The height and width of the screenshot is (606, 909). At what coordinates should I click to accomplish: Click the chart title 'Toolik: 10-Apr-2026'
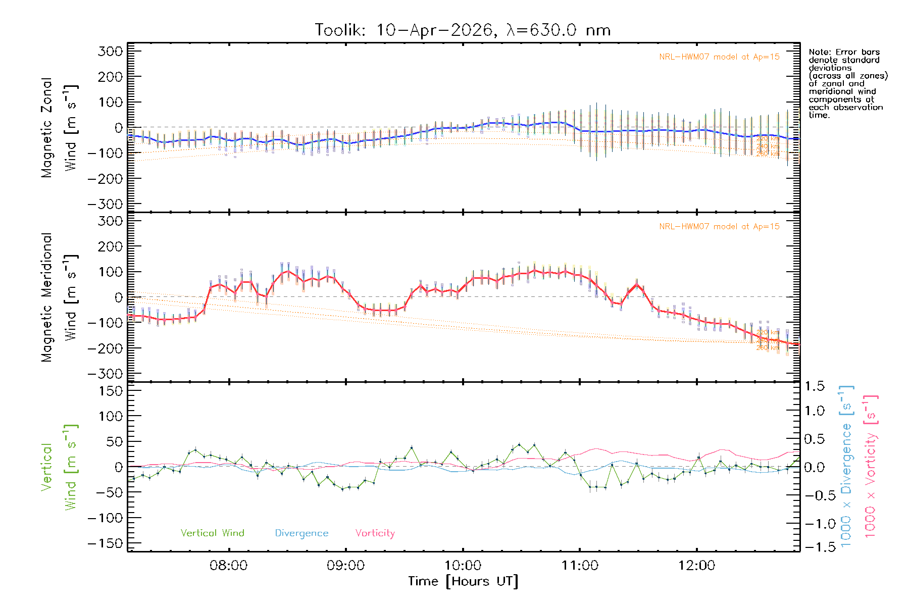click(x=404, y=30)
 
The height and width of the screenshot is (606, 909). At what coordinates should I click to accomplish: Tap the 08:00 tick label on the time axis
click(x=229, y=566)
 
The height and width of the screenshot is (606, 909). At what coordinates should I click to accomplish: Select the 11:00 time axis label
click(x=580, y=566)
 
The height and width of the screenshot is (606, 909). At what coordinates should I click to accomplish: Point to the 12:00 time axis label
click(x=696, y=566)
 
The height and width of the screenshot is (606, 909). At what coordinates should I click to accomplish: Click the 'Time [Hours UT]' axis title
click(x=463, y=581)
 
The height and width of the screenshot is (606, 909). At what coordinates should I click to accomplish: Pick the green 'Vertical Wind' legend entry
click(x=212, y=533)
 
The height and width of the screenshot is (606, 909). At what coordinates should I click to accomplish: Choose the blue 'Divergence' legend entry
click(x=301, y=533)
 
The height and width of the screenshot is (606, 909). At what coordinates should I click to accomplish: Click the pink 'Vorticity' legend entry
click(x=375, y=533)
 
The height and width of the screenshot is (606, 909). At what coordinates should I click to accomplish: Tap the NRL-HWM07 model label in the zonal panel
click(x=719, y=57)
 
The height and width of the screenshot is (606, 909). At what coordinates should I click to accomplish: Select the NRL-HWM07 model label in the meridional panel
click(x=719, y=227)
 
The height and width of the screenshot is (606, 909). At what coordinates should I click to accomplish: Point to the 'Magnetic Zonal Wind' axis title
click(x=60, y=127)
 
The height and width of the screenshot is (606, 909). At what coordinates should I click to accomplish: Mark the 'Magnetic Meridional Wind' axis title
click(x=60, y=297)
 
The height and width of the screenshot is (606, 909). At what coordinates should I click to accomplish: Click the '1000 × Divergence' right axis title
click(x=846, y=466)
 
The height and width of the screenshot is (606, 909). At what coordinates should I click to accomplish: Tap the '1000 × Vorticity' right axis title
click(x=871, y=466)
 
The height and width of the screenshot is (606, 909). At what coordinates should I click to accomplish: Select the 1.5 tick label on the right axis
click(x=815, y=386)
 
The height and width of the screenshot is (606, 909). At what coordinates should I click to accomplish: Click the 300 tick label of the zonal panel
click(x=111, y=51)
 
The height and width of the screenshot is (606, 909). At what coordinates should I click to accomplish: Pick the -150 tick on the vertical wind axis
click(x=105, y=543)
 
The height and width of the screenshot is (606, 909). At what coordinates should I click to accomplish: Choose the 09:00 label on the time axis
click(x=345, y=566)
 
